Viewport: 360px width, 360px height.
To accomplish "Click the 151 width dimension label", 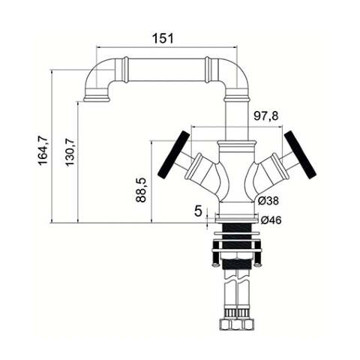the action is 163,38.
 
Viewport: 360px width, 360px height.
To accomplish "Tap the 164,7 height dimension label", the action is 43,150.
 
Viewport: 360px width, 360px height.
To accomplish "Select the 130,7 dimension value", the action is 70,151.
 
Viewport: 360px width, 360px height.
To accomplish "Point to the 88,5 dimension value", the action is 141,190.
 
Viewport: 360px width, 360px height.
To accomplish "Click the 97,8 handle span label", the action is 266,116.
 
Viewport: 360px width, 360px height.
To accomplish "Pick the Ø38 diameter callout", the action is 268,201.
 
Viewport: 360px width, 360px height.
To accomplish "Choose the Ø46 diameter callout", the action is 271,220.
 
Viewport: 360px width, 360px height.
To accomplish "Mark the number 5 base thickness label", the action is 198,211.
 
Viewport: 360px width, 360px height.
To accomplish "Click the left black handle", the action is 174,154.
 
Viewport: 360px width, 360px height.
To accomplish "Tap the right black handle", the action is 300,154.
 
